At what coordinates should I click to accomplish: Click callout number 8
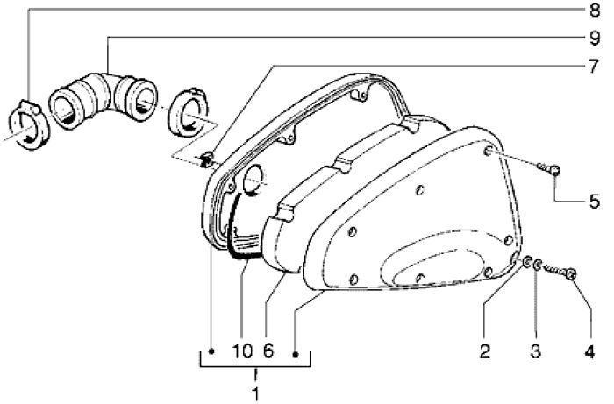coord(595,10)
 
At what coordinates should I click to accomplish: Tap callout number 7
coord(595,67)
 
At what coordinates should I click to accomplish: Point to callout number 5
coord(595,201)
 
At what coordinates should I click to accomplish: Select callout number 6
coord(268,351)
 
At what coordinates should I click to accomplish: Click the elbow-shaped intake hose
coord(104,100)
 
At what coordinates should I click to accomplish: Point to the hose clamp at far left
coord(29,124)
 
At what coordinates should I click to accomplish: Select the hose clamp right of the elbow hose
coord(187,113)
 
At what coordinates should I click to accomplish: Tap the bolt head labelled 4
coord(571,274)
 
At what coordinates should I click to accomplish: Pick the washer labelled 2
coord(526,262)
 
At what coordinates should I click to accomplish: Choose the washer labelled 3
coord(538,266)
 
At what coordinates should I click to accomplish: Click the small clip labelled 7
coord(206,159)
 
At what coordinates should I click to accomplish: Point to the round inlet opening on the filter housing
coord(253,179)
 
